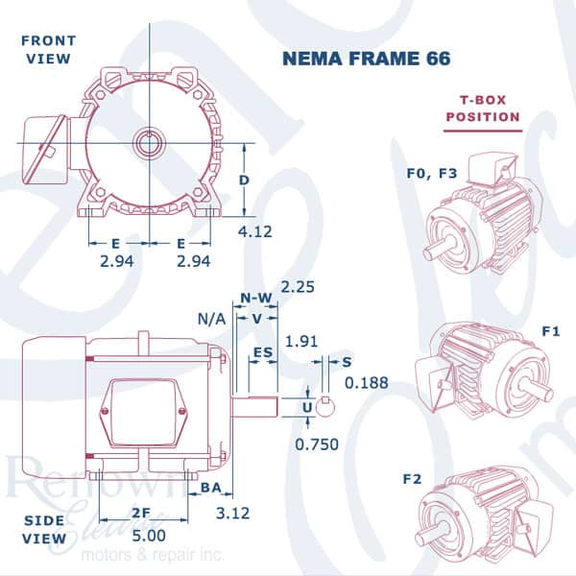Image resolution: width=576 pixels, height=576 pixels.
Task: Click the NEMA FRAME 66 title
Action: coord(367,59)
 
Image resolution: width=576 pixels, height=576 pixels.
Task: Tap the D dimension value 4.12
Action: coord(255,231)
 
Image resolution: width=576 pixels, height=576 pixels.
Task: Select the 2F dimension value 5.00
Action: coord(149,536)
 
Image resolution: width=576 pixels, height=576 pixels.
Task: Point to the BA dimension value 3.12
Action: coord(233,513)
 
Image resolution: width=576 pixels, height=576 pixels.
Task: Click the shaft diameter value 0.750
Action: coord(317,444)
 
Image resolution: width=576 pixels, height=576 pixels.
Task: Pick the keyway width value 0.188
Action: coord(367,383)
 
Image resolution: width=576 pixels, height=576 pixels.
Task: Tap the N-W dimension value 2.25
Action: coord(298,287)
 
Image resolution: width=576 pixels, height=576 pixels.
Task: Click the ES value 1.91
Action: coord(301,342)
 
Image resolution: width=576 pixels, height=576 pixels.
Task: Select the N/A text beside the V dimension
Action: coord(211,320)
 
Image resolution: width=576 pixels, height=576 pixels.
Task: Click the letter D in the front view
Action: coord(244,180)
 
